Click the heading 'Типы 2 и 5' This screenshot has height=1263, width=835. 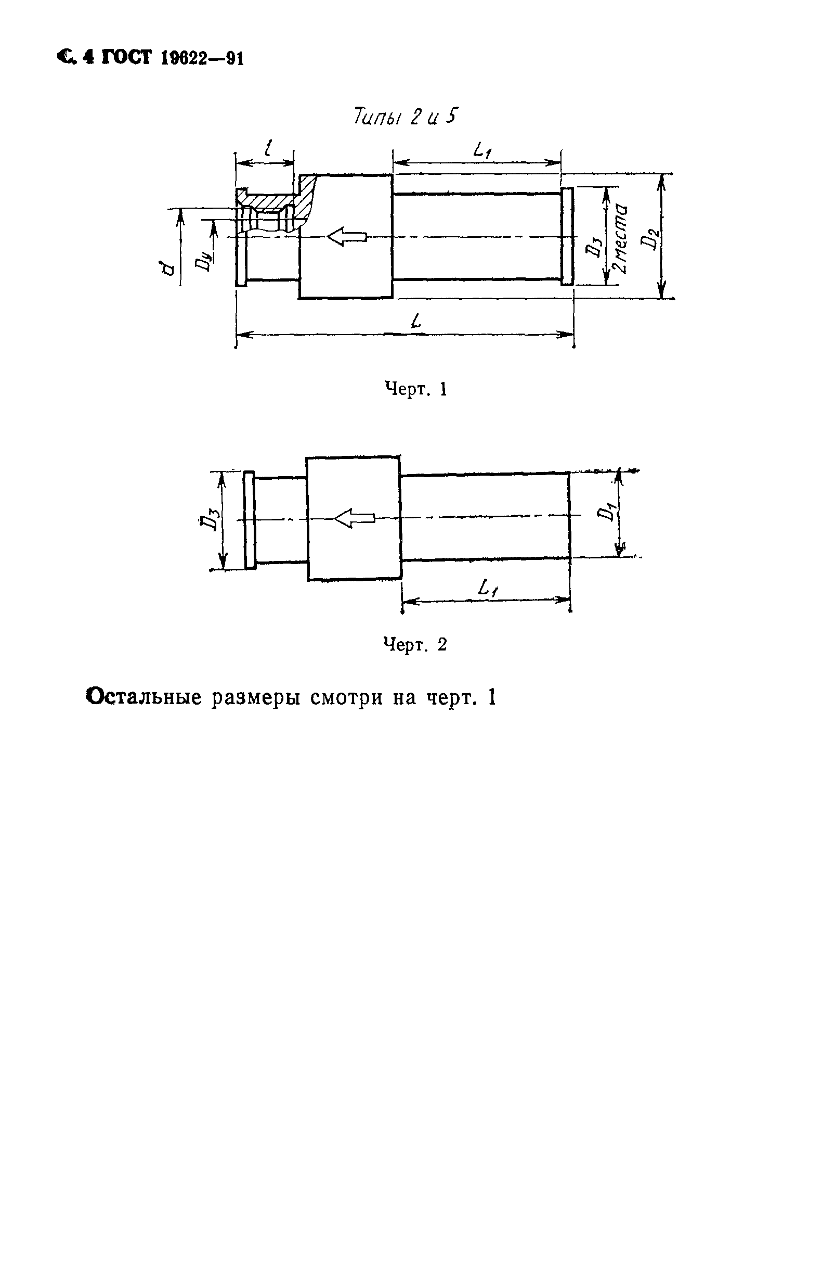click(405, 116)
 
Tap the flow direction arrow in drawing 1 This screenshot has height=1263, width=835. click(347, 237)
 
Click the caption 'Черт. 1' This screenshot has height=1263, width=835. click(415, 390)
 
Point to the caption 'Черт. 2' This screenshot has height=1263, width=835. click(415, 645)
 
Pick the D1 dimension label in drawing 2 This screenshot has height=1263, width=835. click(605, 513)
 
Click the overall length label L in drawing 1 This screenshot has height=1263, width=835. click(416, 320)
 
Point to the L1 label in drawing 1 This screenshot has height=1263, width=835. click(482, 151)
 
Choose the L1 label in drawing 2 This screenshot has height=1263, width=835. click(488, 589)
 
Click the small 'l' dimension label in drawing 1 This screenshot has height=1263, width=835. click(268, 147)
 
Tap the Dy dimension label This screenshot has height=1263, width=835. click(203, 262)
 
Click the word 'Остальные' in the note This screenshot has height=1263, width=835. click(143, 697)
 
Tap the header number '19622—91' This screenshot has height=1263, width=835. click(202, 58)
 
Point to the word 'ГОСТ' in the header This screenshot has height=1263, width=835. click(126, 57)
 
